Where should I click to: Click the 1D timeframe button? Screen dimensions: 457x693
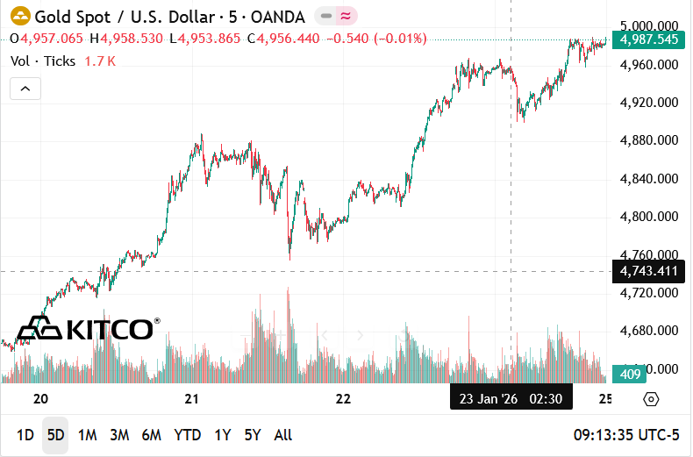pyautogui.click(x=25, y=435)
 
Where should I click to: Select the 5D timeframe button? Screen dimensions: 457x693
pyautogui.click(x=55, y=435)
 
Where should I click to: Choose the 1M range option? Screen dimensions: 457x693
pyautogui.click(x=87, y=435)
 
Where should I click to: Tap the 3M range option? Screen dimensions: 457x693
pyautogui.click(x=119, y=435)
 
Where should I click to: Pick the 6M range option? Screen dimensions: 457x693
pyautogui.click(x=151, y=435)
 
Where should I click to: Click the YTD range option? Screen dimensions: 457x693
pyautogui.click(x=187, y=435)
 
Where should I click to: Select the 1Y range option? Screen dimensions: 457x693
pyautogui.click(x=223, y=435)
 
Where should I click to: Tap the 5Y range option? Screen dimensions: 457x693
pyautogui.click(x=253, y=435)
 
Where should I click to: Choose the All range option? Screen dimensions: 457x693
pyautogui.click(x=282, y=435)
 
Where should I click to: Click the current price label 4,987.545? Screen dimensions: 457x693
pyautogui.click(x=648, y=39)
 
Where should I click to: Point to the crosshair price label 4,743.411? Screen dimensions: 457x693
pyautogui.click(x=648, y=271)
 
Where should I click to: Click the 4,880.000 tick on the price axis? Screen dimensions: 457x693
pyautogui.click(x=648, y=140)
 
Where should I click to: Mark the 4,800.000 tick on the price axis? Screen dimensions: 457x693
pyautogui.click(x=648, y=217)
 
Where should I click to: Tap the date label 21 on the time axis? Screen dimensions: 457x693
pyautogui.click(x=192, y=399)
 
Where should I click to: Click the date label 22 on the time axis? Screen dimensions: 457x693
pyautogui.click(x=343, y=399)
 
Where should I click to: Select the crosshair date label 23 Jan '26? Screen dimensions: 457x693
pyautogui.click(x=489, y=399)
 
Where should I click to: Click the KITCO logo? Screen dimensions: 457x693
pyautogui.click(x=88, y=329)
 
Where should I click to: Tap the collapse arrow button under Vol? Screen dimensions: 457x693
pyautogui.click(x=25, y=89)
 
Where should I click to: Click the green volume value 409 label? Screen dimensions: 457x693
pyautogui.click(x=629, y=373)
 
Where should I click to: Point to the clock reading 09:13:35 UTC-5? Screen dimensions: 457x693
pyautogui.click(x=626, y=435)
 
